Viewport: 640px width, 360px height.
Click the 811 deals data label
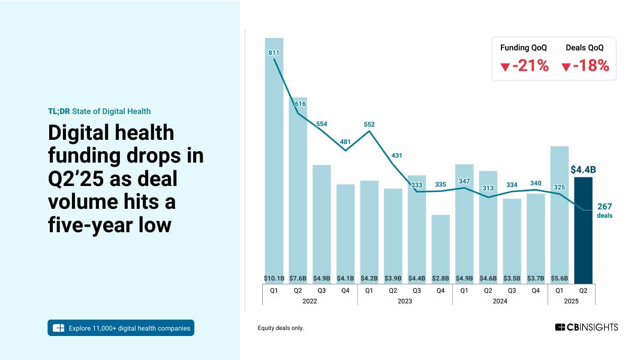(274, 53)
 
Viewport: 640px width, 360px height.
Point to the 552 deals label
(369, 125)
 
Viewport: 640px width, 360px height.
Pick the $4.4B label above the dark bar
(582, 170)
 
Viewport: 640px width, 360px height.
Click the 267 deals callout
(605, 210)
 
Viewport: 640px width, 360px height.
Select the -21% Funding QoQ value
(530, 66)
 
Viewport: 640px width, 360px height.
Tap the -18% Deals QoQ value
(591, 66)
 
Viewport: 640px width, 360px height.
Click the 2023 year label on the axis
(405, 301)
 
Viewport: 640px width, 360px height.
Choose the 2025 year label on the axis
(571, 301)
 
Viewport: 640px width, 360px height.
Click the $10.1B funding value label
(274, 278)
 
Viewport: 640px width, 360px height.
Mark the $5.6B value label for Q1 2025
(559, 278)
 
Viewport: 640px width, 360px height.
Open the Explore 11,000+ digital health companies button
(121, 328)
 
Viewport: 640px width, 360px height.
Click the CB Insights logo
(586, 327)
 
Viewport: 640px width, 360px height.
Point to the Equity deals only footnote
(281, 328)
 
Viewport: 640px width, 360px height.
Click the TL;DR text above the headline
(59, 111)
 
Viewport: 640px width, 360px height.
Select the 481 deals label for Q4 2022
(345, 142)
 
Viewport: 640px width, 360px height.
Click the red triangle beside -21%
(505, 67)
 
